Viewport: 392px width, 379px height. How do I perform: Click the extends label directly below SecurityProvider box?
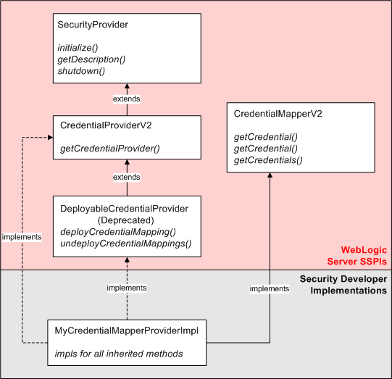click(128, 99)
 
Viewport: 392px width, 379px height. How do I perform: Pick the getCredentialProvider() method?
click(110, 149)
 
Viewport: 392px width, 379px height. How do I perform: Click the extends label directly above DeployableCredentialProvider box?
click(128, 177)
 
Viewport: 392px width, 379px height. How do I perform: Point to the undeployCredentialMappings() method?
click(126, 243)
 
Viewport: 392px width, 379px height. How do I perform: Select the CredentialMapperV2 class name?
click(278, 114)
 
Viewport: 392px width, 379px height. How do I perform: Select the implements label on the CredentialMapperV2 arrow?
click(270, 288)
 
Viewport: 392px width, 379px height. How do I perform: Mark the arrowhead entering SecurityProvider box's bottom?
click(128, 87)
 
